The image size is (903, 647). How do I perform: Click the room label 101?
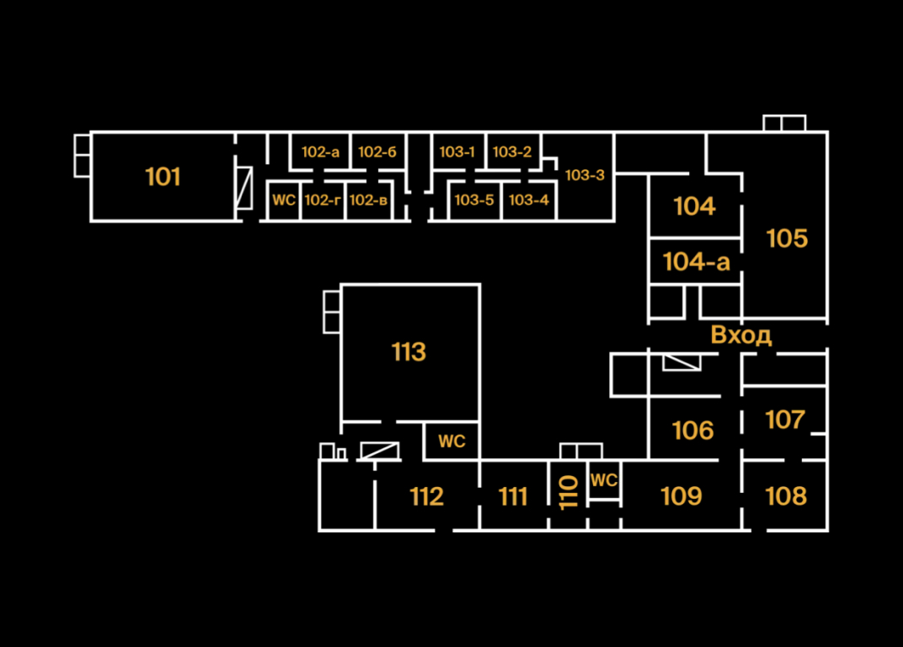point(163,177)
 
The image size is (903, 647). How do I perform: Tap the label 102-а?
point(320,152)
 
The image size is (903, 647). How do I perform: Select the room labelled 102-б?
point(377,152)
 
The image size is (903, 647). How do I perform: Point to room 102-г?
point(322,201)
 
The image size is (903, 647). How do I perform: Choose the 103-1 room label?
point(457,152)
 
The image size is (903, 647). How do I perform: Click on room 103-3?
point(585,175)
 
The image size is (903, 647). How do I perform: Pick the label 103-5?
point(473,201)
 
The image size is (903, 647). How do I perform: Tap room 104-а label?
point(696,262)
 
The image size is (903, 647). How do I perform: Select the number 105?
point(787,238)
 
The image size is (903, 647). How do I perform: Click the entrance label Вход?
point(740,335)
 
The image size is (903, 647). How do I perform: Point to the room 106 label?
point(692,430)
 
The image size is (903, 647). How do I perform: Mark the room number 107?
point(784,420)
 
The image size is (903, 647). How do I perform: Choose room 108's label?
point(785,496)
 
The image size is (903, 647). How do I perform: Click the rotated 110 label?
point(569,493)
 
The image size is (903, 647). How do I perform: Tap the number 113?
point(409,352)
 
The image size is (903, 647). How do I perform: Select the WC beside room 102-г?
point(284,201)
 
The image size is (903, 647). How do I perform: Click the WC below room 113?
point(451,441)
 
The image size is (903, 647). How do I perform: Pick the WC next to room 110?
point(604,481)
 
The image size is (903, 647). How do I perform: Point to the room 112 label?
point(426,497)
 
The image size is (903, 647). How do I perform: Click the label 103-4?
point(528,201)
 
